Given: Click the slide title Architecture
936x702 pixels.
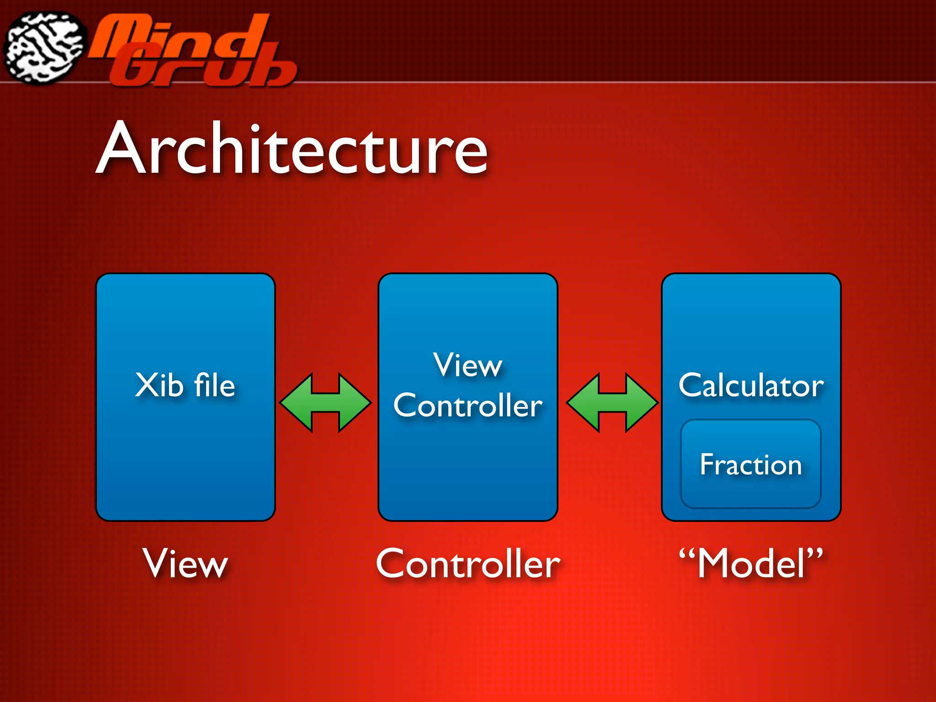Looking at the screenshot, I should coord(292,149).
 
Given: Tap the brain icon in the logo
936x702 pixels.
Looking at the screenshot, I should coord(44,48).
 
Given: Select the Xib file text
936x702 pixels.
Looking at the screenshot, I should coord(185,385).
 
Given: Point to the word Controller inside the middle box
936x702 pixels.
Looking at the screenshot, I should coord(468,405).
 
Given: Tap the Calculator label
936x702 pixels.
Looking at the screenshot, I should coord(751,385).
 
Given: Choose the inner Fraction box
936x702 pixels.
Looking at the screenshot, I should coord(751,464).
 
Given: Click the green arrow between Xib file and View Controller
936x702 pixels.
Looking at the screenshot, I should coord(325,403).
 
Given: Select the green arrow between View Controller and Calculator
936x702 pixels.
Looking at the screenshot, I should coord(612,403).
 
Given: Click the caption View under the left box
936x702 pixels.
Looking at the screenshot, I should coord(185,564).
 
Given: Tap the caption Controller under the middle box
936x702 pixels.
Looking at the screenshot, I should coord(468,564).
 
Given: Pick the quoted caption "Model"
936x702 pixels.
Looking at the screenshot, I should coord(751,564).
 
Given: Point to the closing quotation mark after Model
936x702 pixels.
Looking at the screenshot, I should coord(814,554).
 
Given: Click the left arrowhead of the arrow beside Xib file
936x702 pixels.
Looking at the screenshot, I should coord(295,403).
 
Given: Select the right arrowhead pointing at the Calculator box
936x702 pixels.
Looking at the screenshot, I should coord(642,403).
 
